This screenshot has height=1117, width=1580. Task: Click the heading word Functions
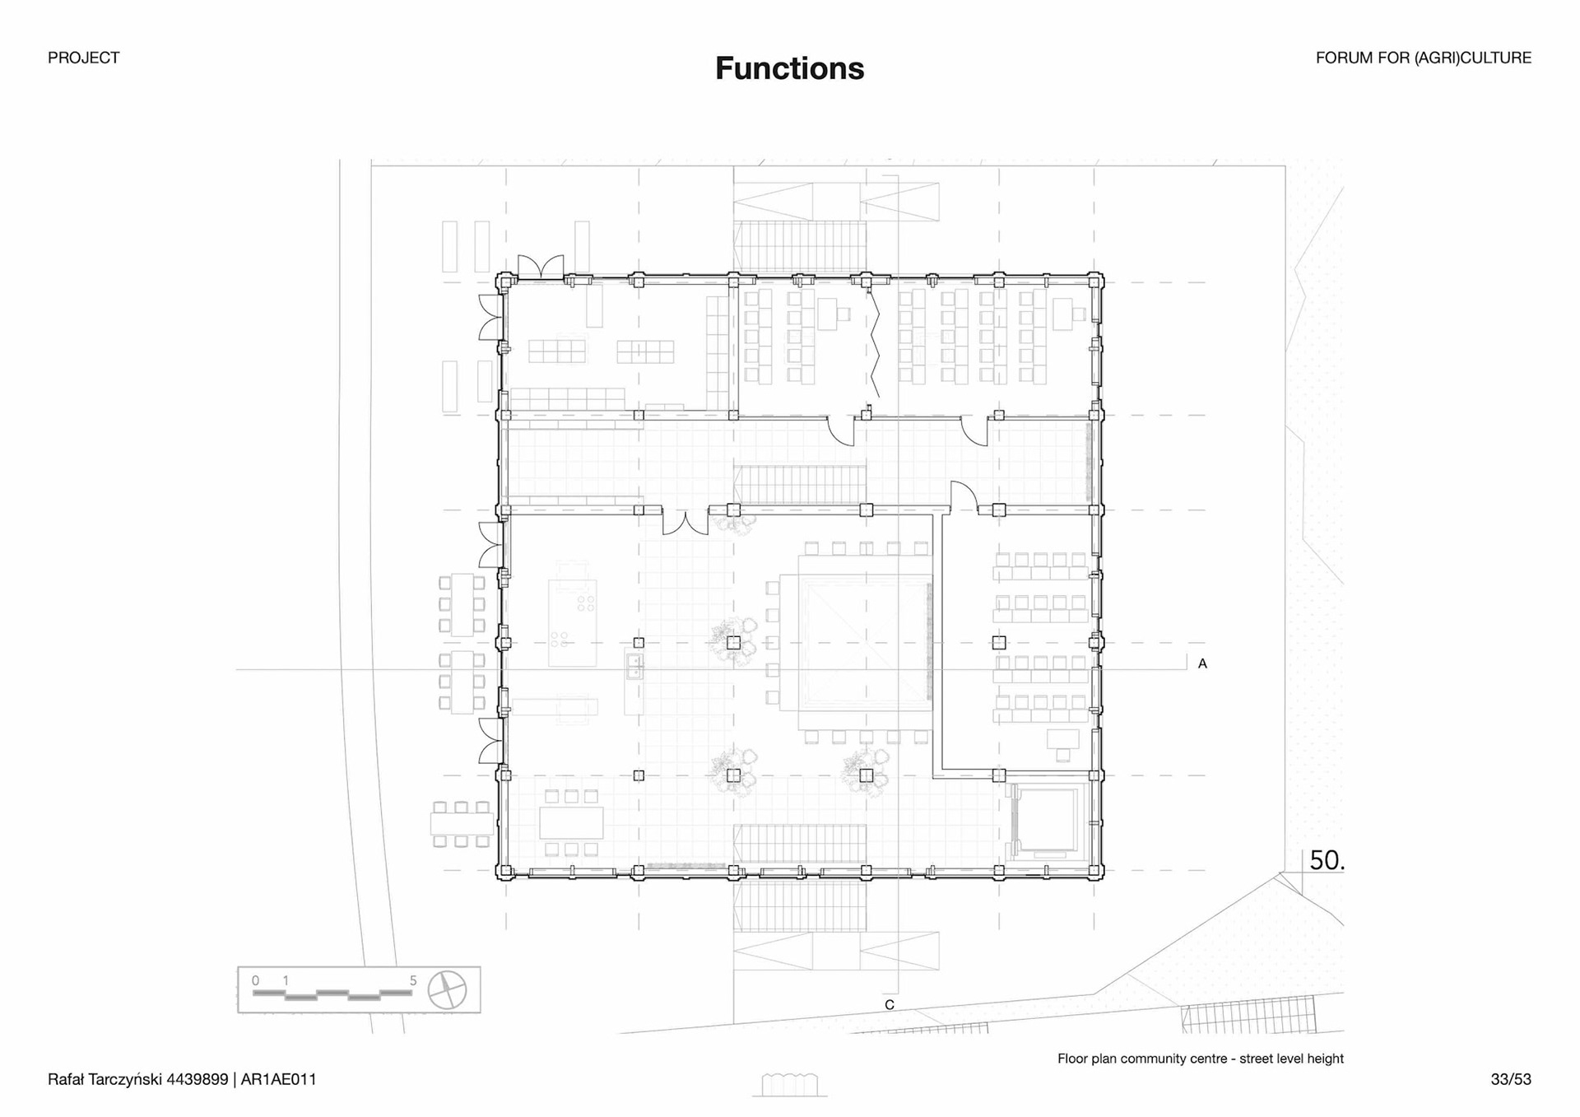pyautogui.click(x=789, y=68)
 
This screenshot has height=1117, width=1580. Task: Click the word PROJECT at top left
pyautogui.click(x=83, y=58)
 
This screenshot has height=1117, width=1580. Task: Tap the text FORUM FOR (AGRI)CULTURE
pyautogui.click(x=1423, y=58)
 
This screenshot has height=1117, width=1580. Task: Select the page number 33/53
pyautogui.click(x=1511, y=1079)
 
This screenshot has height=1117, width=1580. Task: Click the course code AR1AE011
pyautogui.click(x=278, y=1079)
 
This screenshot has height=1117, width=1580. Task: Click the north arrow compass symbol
pyautogui.click(x=448, y=989)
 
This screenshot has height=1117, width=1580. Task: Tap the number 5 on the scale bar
pyautogui.click(x=413, y=980)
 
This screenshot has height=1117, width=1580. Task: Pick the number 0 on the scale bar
pyautogui.click(x=255, y=980)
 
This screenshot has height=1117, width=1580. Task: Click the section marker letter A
pyautogui.click(x=1202, y=663)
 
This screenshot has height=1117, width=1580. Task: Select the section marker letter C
pyautogui.click(x=890, y=1005)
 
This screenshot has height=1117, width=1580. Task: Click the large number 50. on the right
pyautogui.click(x=1327, y=860)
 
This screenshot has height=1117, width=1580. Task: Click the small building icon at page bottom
pyautogui.click(x=789, y=1085)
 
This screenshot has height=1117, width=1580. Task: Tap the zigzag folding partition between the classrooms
pyautogui.click(x=875, y=346)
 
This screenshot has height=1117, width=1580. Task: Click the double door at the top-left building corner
pyautogui.click(x=541, y=268)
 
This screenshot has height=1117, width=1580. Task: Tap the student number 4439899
pyautogui.click(x=197, y=1079)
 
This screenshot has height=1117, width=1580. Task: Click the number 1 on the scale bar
pyautogui.click(x=286, y=980)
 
